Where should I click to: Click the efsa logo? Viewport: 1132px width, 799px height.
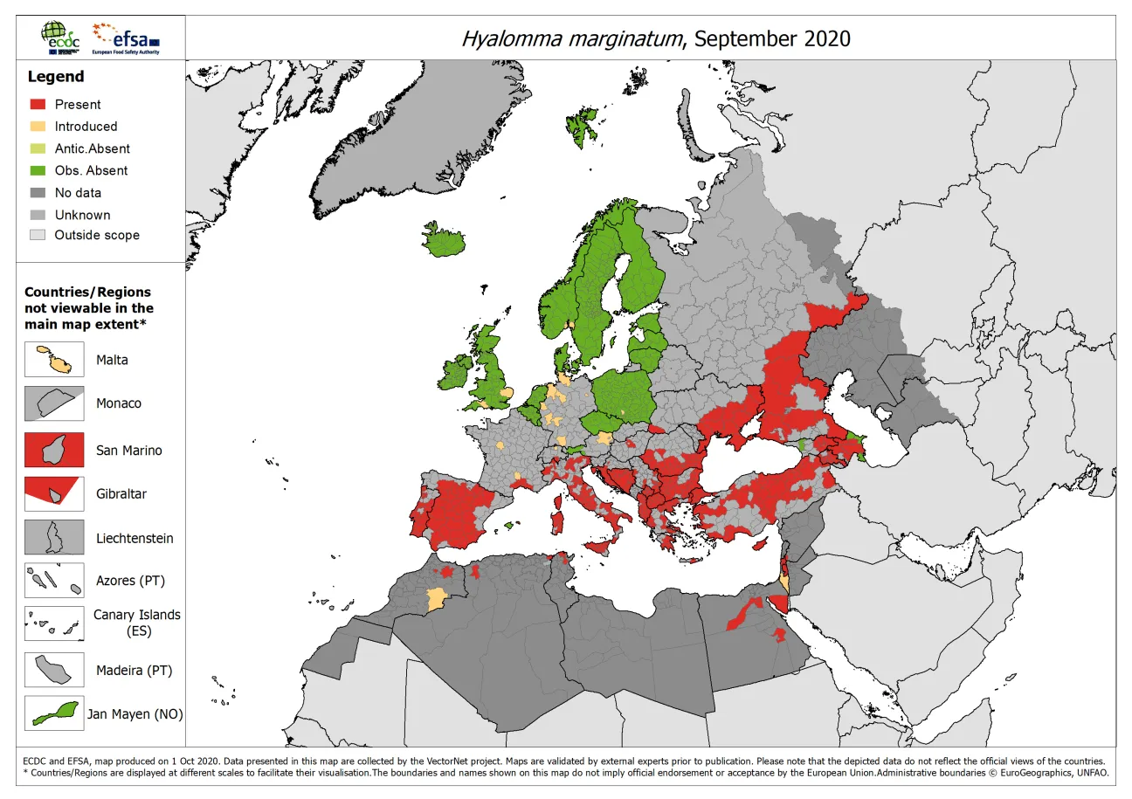(x=127, y=38)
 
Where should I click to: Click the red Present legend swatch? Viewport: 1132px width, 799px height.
(x=38, y=104)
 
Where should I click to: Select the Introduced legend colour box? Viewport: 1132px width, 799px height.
(x=38, y=127)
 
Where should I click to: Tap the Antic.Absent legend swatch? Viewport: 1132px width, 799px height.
(x=38, y=148)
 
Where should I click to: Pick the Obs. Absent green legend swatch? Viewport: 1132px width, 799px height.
(x=38, y=170)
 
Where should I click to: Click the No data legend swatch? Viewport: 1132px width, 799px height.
(x=38, y=193)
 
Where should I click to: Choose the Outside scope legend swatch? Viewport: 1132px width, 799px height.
(x=38, y=235)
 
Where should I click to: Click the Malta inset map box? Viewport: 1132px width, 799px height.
(x=54, y=360)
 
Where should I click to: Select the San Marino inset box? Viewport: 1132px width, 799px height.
(x=54, y=450)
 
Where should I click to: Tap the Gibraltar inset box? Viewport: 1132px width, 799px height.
(x=54, y=493)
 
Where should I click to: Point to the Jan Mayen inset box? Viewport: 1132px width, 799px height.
(x=54, y=713)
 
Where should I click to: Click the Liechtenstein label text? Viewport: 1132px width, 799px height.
(x=135, y=539)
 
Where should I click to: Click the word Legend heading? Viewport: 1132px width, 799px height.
(x=56, y=77)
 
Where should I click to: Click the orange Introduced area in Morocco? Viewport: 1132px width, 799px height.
(x=433, y=599)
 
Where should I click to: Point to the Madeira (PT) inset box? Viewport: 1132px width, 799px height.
(x=54, y=670)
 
